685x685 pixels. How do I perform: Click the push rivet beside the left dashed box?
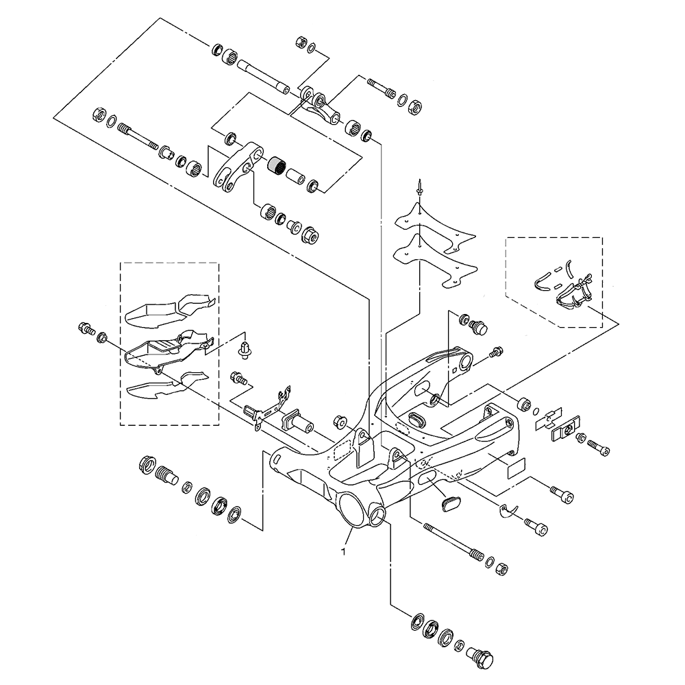coord(243,348)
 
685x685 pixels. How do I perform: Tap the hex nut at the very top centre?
coord(301,43)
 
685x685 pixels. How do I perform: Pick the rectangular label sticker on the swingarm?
coord(515,469)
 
